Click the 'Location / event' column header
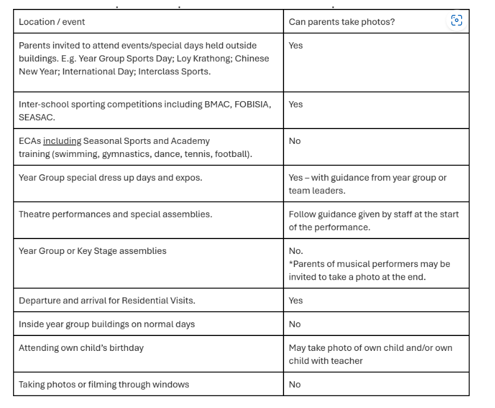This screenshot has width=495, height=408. click(x=52, y=22)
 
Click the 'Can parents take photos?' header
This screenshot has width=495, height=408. click(x=342, y=22)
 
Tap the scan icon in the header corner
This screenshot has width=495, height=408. click(x=456, y=21)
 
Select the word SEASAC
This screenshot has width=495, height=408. click(x=37, y=117)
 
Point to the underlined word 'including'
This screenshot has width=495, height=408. click(x=62, y=141)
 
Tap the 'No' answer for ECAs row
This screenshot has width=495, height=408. click(x=295, y=141)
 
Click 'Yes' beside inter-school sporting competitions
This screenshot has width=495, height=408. click(x=295, y=104)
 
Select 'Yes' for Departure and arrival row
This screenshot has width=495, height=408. click(x=295, y=300)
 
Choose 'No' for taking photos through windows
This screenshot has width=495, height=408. click(x=295, y=384)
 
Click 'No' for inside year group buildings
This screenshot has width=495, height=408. click(x=295, y=324)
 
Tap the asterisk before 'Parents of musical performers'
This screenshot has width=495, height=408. click(x=291, y=263)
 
